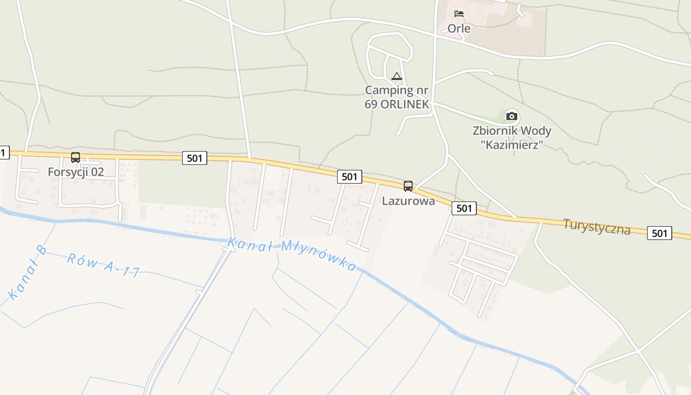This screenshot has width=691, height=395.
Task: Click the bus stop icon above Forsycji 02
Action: click(76, 158)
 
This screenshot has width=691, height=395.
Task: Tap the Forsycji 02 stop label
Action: click(76, 172)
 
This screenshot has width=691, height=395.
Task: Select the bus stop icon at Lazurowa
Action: click(408, 186)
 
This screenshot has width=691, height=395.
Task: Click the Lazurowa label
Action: click(408, 201)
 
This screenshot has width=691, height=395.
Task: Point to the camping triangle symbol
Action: click(397, 76)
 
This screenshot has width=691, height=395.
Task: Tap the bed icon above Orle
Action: click(459, 13)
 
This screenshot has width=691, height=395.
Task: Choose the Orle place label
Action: click(459, 28)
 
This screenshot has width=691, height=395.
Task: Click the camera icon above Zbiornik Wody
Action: click(512, 116)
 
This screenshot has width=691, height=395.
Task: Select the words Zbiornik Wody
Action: click(512, 131)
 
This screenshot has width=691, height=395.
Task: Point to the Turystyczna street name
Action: click(597, 227)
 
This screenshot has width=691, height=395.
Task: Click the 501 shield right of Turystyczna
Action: click(659, 233)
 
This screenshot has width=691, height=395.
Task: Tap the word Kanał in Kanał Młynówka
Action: click(246, 243)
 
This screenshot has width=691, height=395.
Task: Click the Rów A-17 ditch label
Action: click(103, 265)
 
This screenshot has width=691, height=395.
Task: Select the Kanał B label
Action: click(27, 273)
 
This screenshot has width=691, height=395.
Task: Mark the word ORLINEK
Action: click(405, 105)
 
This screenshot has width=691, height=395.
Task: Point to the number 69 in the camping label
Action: click(371, 105)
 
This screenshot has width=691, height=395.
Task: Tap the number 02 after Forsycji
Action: click(97, 172)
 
